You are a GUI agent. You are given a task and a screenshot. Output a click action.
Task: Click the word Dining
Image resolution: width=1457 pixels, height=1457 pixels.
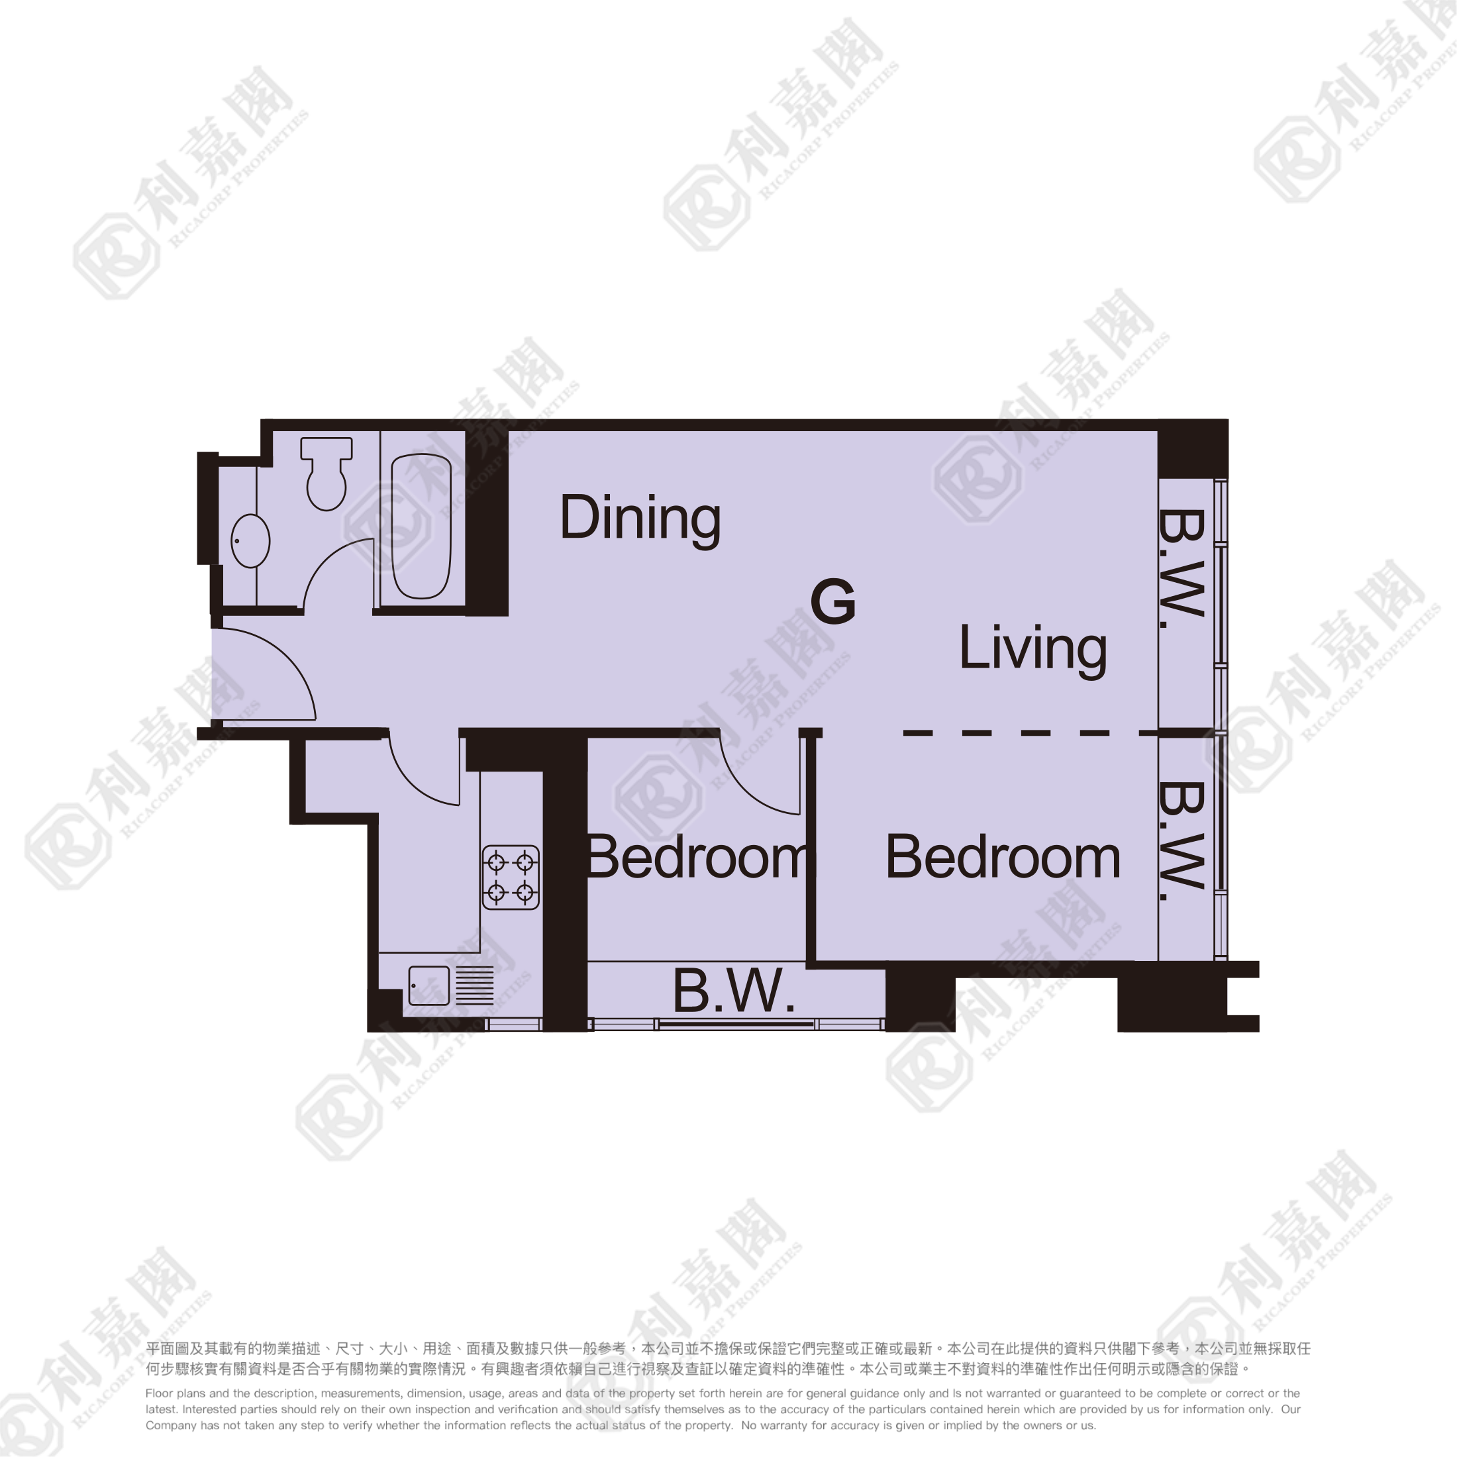(640, 520)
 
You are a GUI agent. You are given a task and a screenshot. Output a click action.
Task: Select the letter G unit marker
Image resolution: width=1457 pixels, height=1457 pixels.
(833, 601)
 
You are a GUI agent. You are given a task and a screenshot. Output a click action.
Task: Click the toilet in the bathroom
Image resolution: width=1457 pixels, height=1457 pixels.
(327, 473)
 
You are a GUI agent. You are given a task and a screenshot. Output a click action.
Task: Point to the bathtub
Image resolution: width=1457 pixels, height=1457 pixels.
(421, 526)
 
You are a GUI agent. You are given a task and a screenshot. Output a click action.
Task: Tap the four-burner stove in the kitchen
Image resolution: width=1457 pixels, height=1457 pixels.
(511, 877)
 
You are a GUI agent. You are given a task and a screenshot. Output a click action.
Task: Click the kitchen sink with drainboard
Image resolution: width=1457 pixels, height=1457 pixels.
(451, 985)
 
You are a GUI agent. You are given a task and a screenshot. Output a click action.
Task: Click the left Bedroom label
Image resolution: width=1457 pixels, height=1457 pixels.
(697, 858)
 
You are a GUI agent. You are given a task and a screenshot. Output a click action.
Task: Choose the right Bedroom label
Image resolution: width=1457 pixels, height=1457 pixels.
(1003, 858)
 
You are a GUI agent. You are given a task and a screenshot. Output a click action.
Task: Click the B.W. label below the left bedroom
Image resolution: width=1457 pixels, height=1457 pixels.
(734, 991)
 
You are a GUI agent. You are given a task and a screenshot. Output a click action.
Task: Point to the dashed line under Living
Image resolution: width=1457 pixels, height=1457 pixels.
(1031, 732)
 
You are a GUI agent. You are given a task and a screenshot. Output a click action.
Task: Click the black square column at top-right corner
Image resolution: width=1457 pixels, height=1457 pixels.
(1193, 448)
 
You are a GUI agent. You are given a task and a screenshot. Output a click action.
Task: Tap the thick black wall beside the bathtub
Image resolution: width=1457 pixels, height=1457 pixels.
(486, 523)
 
